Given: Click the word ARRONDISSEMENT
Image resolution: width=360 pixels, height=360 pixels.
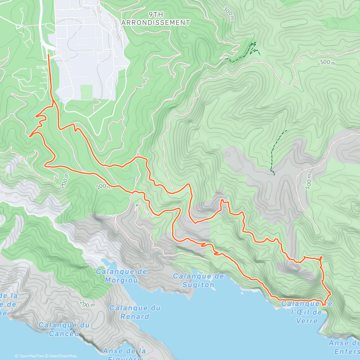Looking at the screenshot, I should coord(156,22).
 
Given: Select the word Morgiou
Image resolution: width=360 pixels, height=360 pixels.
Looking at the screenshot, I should coord(121,280).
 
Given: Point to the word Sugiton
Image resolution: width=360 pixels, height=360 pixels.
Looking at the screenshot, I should coord(198,285).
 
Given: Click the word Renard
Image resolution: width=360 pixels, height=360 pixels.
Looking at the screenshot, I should coord(135,316).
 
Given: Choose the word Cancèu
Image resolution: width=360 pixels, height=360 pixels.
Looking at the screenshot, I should coord(64,334).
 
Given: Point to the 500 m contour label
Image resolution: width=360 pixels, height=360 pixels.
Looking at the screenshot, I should coord(309,181).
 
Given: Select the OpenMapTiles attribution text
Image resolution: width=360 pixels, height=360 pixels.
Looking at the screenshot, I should coord(29,356).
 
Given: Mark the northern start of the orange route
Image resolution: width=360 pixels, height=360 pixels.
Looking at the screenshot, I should coord(49,55).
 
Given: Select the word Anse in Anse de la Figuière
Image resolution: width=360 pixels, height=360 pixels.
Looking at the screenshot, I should coord(113,351).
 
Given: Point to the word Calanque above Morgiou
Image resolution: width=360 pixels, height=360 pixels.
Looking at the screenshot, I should coord(121,272).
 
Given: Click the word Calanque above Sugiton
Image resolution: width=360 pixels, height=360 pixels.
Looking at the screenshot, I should coord(198,276).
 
